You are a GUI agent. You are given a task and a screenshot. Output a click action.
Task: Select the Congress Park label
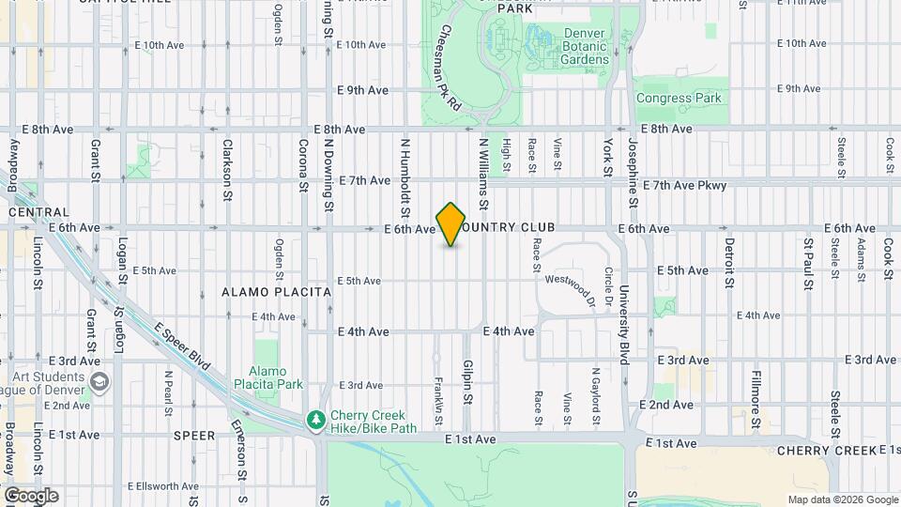678,98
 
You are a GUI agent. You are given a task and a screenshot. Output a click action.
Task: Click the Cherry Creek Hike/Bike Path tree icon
317,419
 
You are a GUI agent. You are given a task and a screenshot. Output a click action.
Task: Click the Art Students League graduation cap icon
99,383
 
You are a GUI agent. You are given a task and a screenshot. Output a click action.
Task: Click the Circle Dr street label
608,286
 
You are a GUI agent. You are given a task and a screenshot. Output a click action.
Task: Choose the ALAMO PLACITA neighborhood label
277,292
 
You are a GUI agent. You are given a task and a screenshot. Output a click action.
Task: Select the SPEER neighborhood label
195,436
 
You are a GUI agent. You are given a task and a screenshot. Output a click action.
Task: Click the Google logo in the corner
31,496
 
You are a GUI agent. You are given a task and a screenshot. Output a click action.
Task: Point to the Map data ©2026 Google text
842,499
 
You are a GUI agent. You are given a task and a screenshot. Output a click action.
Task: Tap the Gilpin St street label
466,381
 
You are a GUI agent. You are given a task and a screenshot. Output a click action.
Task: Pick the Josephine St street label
634,174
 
